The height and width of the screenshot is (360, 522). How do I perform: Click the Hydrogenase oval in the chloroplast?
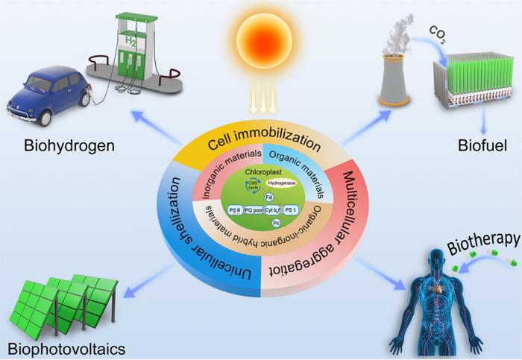(281, 183)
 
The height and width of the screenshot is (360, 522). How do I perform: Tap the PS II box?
(235, 210)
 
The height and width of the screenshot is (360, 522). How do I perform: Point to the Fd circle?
(268, 197)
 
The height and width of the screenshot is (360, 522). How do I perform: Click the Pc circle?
(276, 223)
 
